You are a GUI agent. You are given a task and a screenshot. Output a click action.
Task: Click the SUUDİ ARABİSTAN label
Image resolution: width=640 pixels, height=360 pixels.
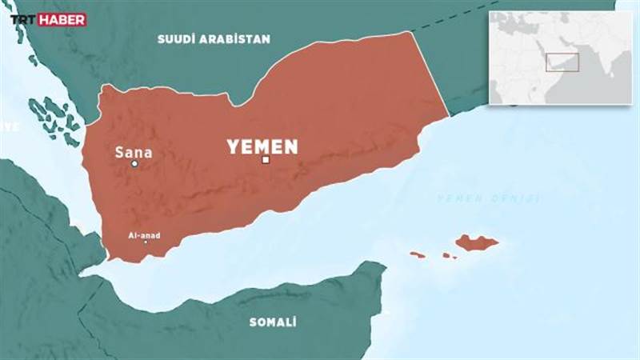214,38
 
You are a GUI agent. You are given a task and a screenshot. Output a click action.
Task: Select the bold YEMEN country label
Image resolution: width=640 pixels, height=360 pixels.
262,146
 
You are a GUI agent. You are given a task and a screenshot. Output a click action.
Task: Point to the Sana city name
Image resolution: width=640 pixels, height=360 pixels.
134,151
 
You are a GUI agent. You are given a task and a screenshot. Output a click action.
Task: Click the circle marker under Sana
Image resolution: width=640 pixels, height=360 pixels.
134,164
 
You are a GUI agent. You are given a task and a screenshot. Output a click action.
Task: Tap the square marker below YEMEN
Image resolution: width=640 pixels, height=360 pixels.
266,160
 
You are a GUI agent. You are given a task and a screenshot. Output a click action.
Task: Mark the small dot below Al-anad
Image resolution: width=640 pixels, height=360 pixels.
146,242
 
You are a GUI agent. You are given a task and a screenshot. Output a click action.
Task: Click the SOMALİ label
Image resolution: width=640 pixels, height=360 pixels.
273,322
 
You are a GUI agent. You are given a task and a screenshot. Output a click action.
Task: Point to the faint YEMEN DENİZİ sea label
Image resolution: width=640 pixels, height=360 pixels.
488,198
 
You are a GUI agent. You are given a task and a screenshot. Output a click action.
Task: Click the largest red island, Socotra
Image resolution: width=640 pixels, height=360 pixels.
477,242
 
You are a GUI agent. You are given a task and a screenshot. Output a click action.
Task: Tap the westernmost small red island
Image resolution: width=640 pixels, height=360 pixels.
417,254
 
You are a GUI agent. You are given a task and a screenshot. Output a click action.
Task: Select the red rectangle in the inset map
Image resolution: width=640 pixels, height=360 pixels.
562,63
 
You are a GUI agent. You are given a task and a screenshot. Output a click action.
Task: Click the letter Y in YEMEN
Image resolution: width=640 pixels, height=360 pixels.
233,146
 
